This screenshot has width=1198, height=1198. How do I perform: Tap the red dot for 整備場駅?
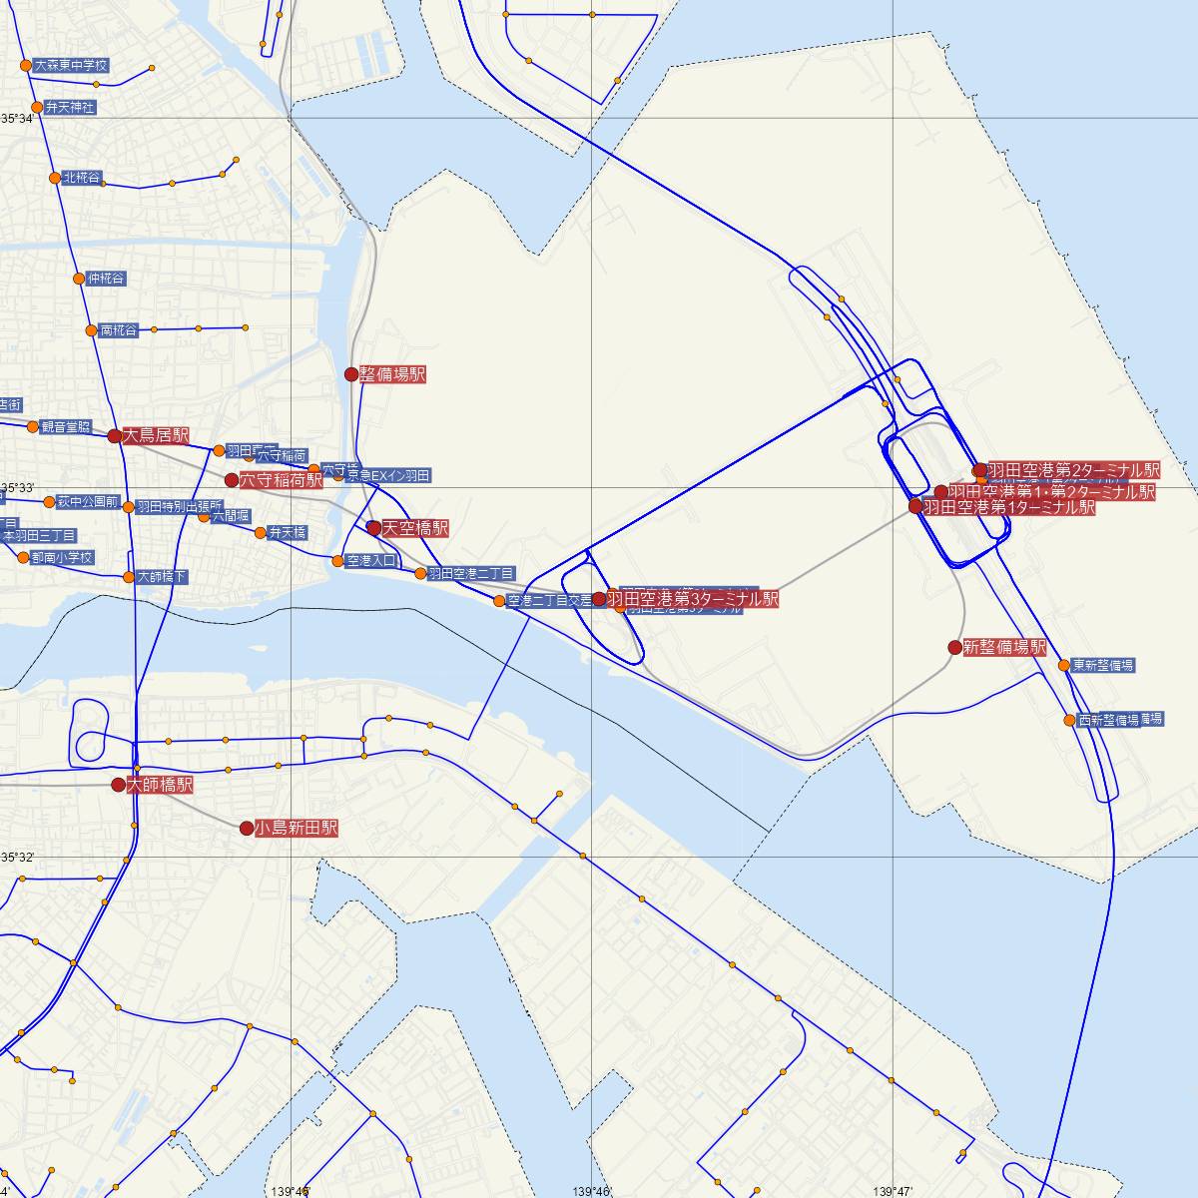pos(351,374)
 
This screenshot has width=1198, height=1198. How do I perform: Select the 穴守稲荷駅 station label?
pos(281,480)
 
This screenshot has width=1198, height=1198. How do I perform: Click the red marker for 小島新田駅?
pos(246,828)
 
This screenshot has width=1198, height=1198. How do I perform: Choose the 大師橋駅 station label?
pos(159,786)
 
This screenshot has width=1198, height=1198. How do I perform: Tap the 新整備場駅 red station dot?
pos(954,647)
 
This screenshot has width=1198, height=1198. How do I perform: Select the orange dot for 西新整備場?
pos(1070,720)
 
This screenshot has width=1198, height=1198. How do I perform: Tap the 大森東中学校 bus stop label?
pos(71,65)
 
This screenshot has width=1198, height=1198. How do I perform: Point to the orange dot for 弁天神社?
pos(37,107)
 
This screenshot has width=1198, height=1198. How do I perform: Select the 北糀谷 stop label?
pos(82,178)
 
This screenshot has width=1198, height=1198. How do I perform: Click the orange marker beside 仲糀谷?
pos(79,279)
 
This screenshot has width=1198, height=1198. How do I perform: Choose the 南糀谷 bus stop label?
pos(119,330)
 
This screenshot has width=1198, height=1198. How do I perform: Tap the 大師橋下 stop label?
pos(162,577)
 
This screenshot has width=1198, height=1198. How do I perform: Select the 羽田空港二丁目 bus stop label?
pos(471,573)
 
